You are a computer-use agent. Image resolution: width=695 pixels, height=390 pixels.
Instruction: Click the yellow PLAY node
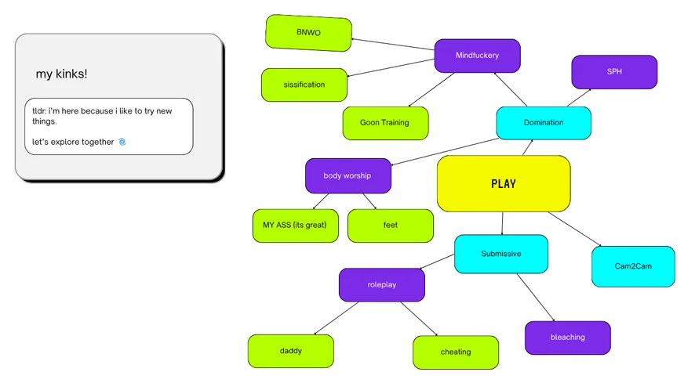(x=503, y=183)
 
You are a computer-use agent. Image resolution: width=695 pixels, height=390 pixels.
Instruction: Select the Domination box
(x=543, y=123)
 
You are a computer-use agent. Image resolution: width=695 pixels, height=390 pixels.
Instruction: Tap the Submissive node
(x=500, y=254)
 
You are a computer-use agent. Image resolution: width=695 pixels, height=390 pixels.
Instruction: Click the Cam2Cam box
(x=632, y=266)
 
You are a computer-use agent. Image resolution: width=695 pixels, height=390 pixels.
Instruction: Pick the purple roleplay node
(x=381, y=285)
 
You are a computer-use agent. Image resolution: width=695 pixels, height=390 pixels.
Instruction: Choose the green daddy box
(x=290, y=351)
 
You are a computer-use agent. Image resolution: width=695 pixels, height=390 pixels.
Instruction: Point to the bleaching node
(x=567, y=338)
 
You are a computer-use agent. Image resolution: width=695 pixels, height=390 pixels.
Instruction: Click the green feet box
(x=390, y=226)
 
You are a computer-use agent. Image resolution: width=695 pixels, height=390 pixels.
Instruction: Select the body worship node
(x=347, y=175)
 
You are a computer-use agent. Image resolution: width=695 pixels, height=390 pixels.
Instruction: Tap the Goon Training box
(x=385, y=123)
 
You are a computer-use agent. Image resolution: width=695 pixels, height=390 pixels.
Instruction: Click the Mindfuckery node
(x=477, y=56)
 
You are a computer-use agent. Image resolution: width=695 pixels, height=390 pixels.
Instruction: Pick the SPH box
(x=613, y=71)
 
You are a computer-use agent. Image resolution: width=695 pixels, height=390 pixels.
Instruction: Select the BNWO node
(x=308, y=33)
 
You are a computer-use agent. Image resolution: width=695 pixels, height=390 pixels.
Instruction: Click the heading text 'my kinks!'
(x=61, y=74)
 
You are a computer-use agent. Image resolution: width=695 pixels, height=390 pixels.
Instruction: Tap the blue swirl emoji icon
(x=122, y=142)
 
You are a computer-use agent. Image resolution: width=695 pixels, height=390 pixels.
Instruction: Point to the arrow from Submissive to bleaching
(x=535, y=297)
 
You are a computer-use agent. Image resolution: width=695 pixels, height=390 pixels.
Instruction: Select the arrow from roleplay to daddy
(x=336, y=318)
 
